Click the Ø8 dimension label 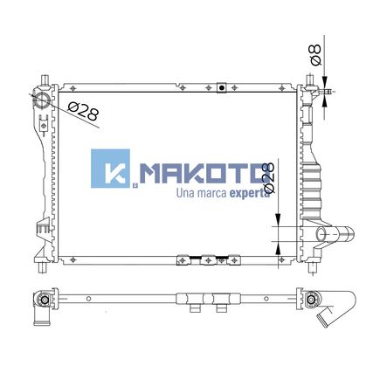(x=316, y=55)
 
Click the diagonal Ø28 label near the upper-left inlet (x=84, y=112)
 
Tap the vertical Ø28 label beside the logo (x=268, y=177)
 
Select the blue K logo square (x=110, y=169)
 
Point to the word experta (x=249, y=193)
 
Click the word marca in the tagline (x=211, y=193)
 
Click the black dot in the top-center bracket (x=222, y=87)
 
